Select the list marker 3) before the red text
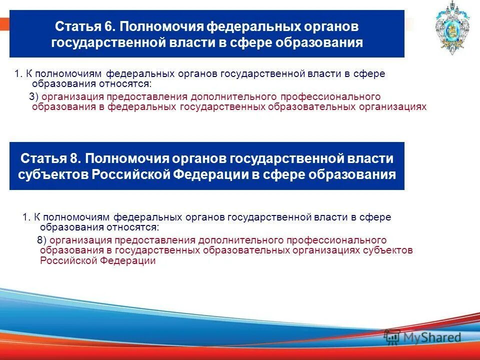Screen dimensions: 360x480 coord(34,97)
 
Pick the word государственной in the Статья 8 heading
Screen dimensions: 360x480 coord(286,158)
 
